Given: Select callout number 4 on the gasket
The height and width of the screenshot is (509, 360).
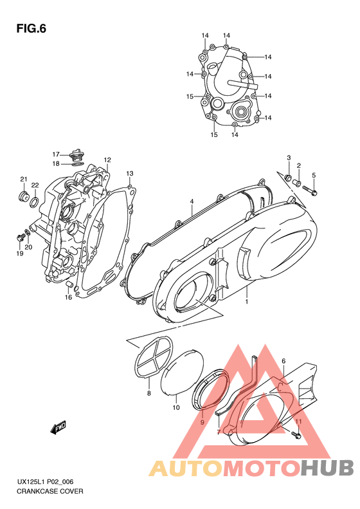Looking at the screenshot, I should [192, 202].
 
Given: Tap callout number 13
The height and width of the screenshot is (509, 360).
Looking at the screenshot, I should [129, 174].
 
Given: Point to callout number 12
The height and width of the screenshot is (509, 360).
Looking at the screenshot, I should [107, 160].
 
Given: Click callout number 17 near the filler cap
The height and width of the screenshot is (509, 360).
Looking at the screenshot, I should [56, 154].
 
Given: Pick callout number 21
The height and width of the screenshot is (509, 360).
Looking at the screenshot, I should [22, 179].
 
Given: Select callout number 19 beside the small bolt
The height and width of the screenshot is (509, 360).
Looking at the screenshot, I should [20, 253].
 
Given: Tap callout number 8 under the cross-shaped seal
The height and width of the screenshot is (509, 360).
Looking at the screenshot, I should [148, 393].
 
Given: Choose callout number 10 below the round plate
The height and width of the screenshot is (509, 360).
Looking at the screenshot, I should [175, 407].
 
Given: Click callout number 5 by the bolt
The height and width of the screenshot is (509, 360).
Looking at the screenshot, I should [314, 175].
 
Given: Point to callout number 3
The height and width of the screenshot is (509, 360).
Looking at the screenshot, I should [289, 158].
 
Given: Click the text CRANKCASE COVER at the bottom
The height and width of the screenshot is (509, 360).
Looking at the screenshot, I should [41, 491].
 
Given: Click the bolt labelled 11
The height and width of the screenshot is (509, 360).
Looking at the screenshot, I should [294, 435].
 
